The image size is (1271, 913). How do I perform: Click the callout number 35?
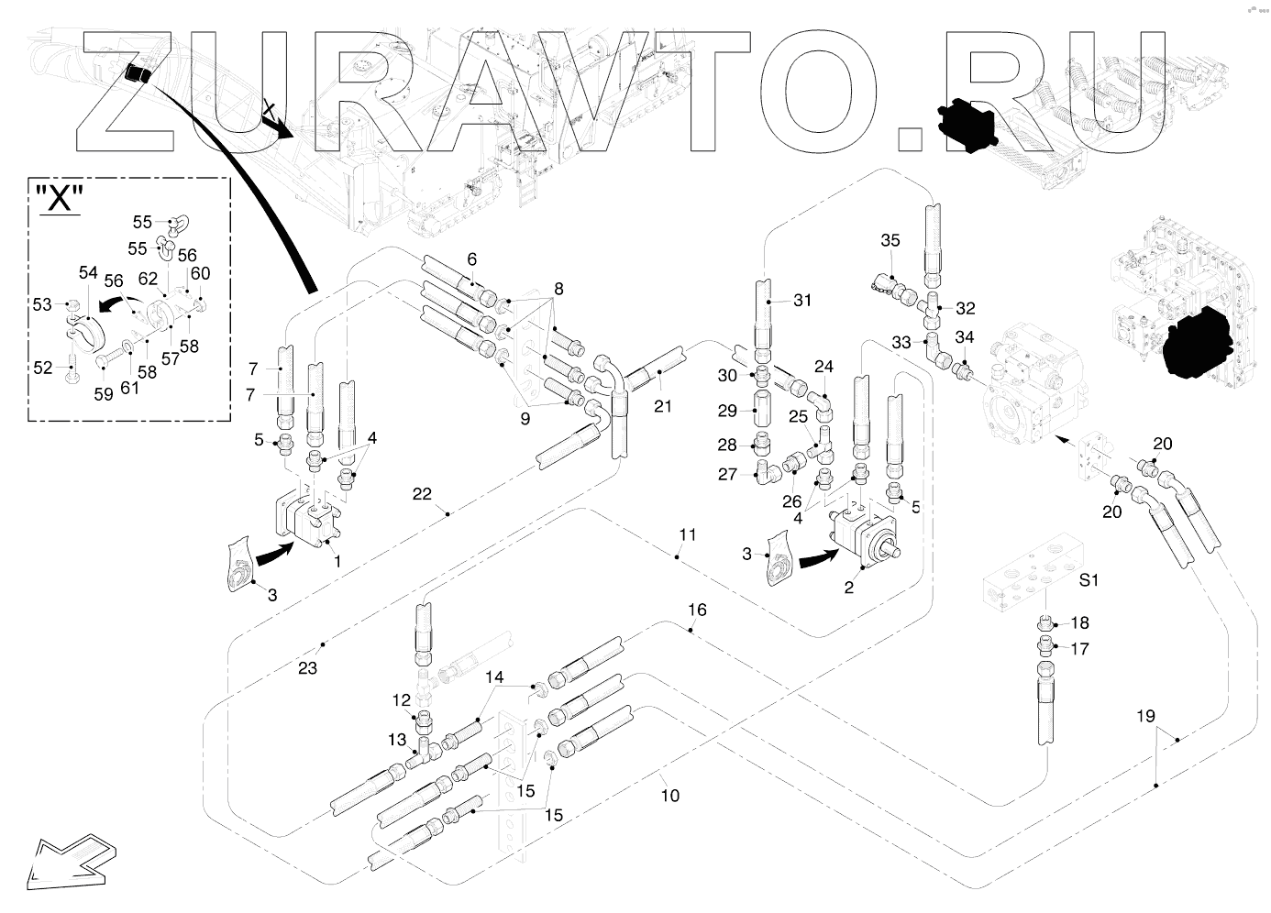click(x=890, y=241)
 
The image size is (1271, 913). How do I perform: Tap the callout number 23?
click(x=307, y=668)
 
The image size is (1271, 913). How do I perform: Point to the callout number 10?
click(x=670, y=796)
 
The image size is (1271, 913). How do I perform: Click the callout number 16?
click(x=698, y=610)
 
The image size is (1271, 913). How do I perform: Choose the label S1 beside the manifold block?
click(x=1089, y=580)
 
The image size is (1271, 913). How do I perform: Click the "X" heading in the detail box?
click(x=60, y=199)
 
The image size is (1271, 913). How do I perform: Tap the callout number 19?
click(x=1146, y=716)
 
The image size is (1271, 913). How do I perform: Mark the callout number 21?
click(x=662, y=406)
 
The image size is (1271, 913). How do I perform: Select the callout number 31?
click(x=802, y=300)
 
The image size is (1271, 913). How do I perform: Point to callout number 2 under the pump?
click(x=849, y=588)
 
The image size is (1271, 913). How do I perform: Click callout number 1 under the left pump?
click(x=337, y=561)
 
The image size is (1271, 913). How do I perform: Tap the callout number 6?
click(x=471, y=259)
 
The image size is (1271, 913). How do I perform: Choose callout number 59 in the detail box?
click(x=103, y=393)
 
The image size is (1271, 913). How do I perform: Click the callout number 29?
click(x=727, y=410)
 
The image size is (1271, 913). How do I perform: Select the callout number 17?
click(x=1079, y=648)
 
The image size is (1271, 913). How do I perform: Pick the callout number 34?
click(x=965, y=336)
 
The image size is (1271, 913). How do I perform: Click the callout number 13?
click(x=397, y=740)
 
